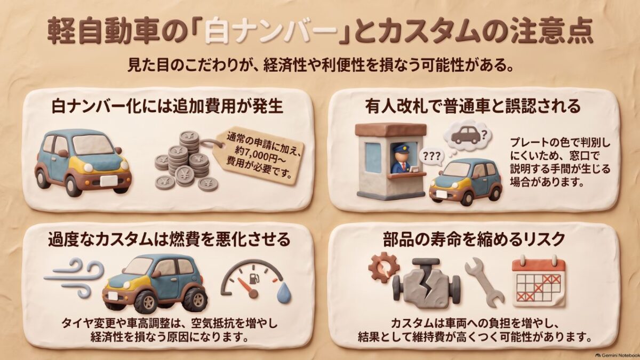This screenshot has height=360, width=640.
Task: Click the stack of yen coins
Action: pos(186,162)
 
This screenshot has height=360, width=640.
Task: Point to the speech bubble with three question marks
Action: pos(431,157)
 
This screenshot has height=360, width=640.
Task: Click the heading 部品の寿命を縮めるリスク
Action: pos(474,239)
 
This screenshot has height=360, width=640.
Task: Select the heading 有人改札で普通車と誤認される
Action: pos(473,106)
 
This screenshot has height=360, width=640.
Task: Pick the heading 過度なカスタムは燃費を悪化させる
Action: pos(169,239)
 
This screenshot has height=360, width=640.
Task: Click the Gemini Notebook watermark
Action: pos(617,355)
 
